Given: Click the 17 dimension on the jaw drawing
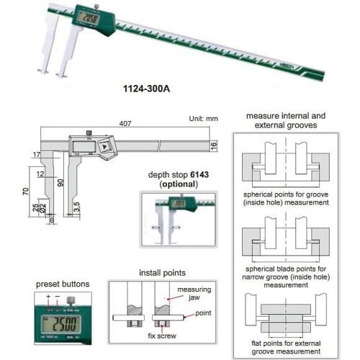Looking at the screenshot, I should [35, 155].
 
